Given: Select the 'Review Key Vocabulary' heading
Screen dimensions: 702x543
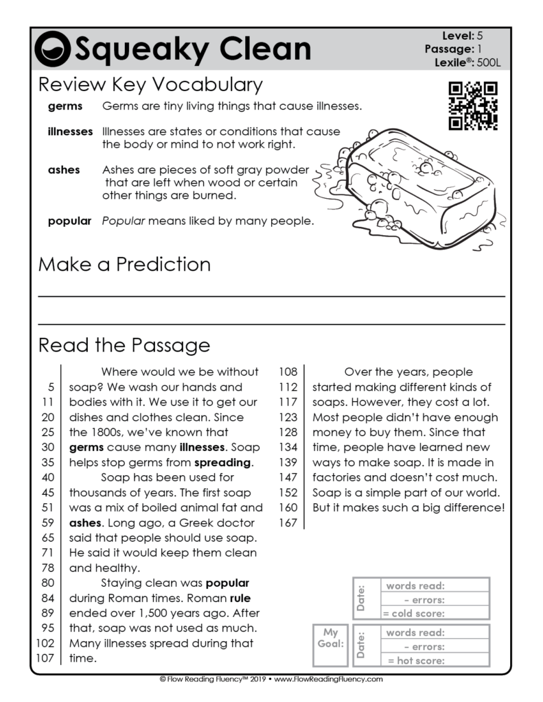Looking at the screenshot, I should click(150, 85).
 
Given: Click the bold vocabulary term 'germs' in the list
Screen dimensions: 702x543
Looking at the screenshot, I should click(65, 106).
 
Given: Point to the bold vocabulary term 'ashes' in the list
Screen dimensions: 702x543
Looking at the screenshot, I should click(64, 169).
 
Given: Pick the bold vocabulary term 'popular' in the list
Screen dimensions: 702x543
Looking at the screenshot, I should click(69, 221).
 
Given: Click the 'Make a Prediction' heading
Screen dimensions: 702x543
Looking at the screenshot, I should click(124, 264).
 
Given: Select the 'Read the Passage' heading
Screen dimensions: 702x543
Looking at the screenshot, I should click(124, 344).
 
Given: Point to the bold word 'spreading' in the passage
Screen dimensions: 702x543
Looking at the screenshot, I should click(224, 462).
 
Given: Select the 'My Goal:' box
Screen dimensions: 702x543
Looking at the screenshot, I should click(331, 644).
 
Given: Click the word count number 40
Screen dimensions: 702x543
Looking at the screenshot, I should click(47, 477).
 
